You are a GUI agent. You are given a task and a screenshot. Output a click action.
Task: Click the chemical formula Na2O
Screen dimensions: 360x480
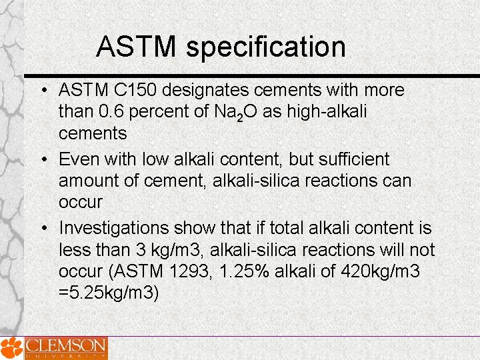coord(235,112)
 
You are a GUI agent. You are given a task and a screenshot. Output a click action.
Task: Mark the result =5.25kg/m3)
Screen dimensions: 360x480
coord(109,293)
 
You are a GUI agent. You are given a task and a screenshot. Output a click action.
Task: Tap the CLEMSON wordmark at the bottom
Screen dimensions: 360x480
coord(65,346)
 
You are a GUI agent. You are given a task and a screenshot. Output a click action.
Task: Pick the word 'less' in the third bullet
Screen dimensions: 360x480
coord(73,250)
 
